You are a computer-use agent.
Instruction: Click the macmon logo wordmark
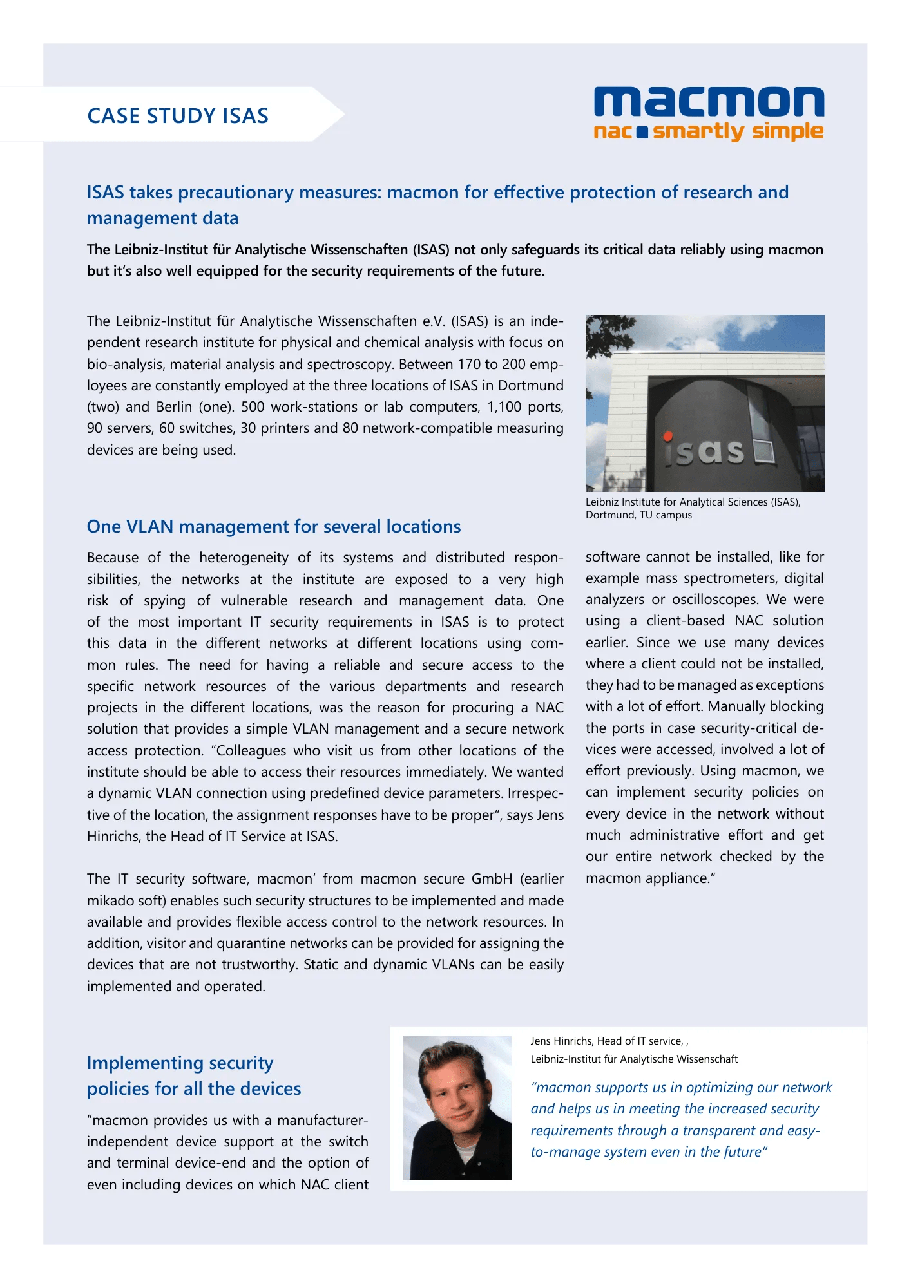pos(709,103)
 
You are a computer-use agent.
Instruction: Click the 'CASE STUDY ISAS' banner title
pos(178,116)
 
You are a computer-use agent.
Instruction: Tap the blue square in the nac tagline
pos(642,133)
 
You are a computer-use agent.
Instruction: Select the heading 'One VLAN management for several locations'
pos(274,527)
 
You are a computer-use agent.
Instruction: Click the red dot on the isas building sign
pos(669,436)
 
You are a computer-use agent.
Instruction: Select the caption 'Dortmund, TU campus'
pos(638,515)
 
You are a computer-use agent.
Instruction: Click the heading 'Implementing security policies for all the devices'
pos(194,1075)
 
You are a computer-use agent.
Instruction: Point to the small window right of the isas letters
pos(763,451)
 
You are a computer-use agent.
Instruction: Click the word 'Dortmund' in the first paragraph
pos(531,386)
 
